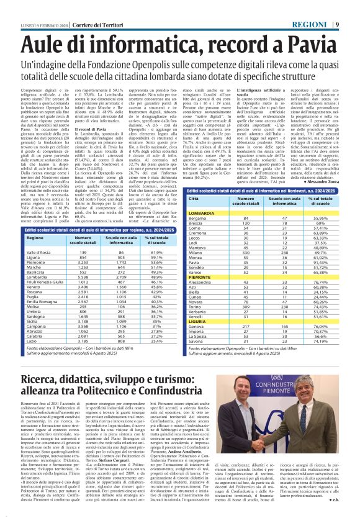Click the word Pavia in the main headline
(311, 45)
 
